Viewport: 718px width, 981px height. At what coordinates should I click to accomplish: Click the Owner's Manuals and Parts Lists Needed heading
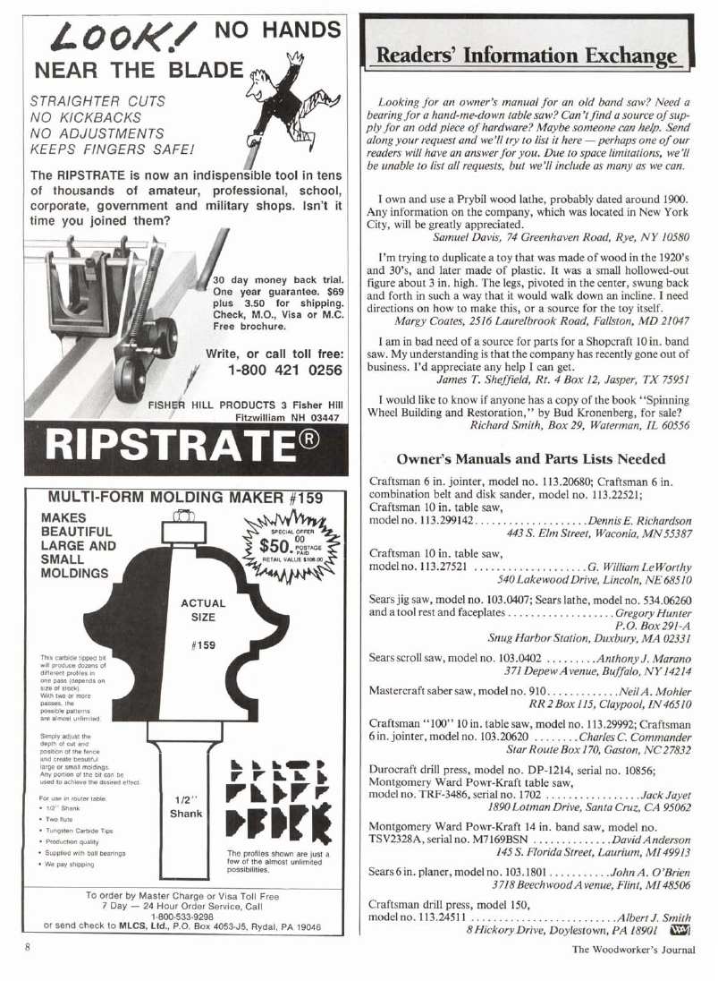pos(530,459)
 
